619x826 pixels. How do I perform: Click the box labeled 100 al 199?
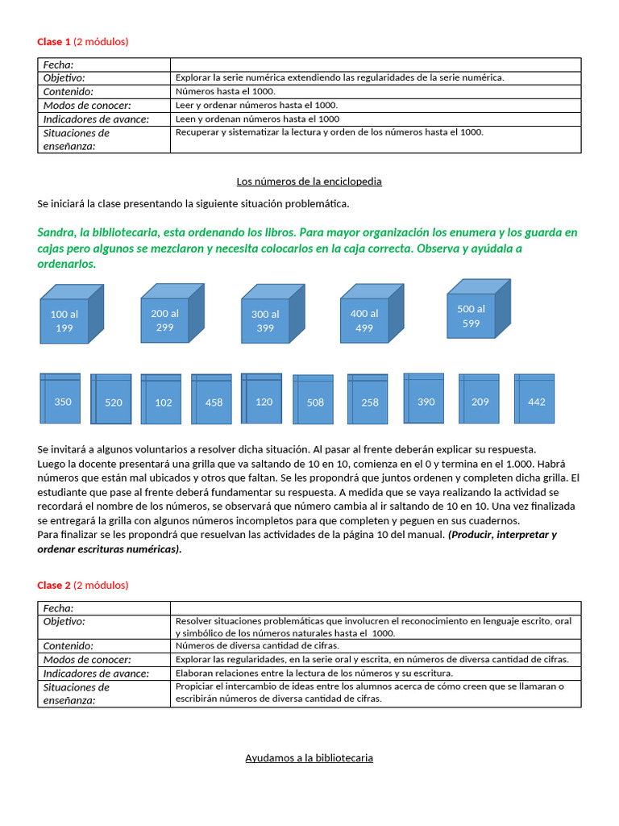point(64,321)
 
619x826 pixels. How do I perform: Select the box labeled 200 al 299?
point(165,319)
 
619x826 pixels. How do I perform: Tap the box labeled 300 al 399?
point(265,321)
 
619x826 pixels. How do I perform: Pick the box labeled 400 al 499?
point(364,319)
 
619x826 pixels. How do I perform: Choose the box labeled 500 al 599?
point(472,315)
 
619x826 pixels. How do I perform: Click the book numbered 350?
point(60,399)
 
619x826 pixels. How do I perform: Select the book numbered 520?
point(111,401)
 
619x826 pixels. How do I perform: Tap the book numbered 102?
point(161,401)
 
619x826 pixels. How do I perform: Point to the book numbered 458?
point(212,401)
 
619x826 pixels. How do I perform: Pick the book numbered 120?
point(262,399)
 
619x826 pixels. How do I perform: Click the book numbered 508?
point(313,401)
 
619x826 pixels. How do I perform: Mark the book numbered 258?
point(368,401)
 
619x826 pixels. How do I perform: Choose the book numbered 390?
point(424,399)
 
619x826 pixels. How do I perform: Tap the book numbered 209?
point(479,400)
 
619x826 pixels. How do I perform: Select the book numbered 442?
point(534,400)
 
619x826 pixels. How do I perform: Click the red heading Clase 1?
point(54,42)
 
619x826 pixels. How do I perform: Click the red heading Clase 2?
point(54,585)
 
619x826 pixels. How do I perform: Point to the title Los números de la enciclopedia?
point(309,181)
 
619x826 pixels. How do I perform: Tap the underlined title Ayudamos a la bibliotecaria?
point(309,758)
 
